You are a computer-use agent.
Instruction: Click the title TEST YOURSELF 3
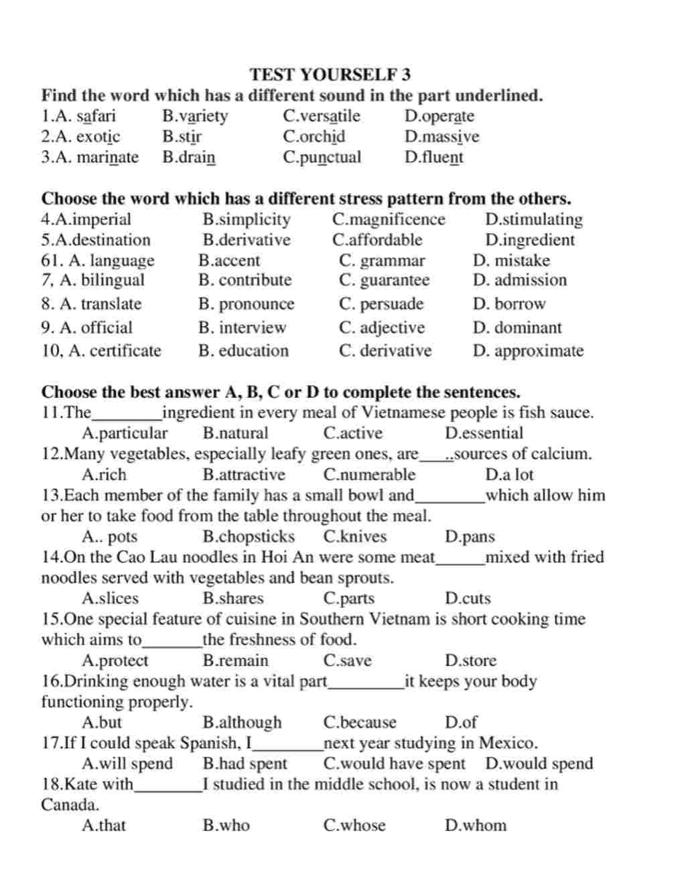(x=330, y=74)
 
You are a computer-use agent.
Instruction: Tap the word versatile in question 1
(x=322, y=116)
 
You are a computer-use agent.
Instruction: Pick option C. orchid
(x=314, y=137)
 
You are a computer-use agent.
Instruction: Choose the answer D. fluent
(x=433, y=158)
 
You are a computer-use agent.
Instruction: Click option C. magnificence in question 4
(x=389, y=219)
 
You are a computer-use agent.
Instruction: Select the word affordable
(x=377, y=240)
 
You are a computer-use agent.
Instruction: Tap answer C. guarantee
(x=384, y=280)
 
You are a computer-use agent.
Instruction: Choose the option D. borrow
(x=509, y=304)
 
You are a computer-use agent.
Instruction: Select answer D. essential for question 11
(x=484, y=433)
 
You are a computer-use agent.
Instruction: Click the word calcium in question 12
(x=563, y=454)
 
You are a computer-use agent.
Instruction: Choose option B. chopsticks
(x=249, y=536)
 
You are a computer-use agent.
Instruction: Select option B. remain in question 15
(x=235, y=660)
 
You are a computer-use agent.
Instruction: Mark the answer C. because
(x=360, y=722)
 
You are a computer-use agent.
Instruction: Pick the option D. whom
(x=476, y=825)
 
